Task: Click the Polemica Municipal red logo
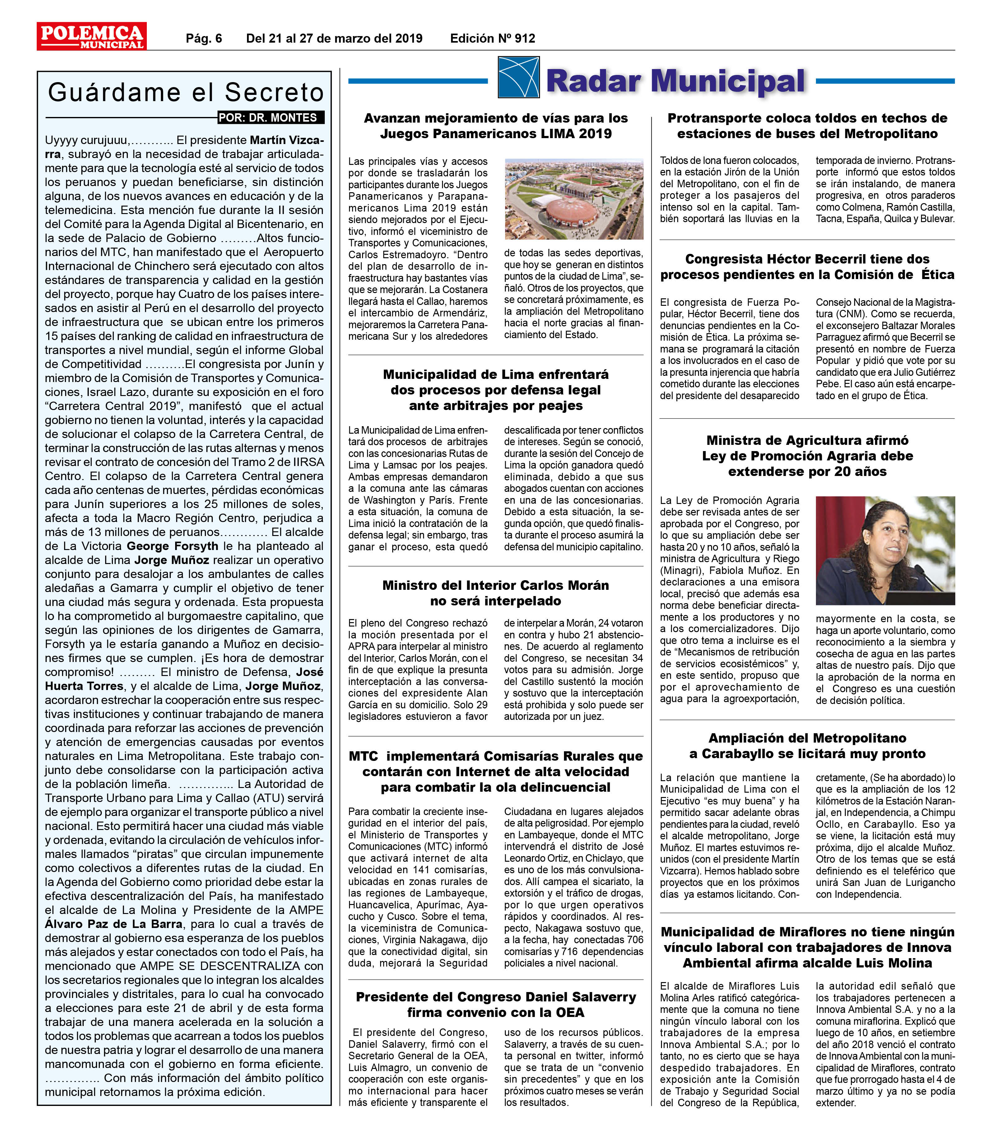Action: tap(91, 36)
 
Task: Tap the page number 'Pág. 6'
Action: tap(203, 38)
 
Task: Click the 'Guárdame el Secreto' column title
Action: tap(185, 92)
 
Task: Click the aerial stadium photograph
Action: tap(574, 199)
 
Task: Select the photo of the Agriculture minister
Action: tap(885, 550)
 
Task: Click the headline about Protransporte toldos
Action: tap(807, 126)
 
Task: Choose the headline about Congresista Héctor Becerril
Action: tap(807, 267)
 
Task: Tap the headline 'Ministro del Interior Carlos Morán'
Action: tap(496, 593)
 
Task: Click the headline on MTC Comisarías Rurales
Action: tap(496, 771)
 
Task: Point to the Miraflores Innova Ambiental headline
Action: tap(807, 947)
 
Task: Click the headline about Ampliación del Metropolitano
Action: tap(807, 746)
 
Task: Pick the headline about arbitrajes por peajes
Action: tap(496, 389)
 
